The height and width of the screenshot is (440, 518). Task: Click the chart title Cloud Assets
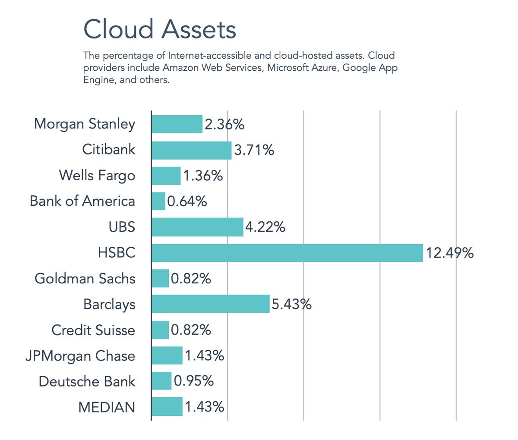pyautogui.click(x=160, y=29)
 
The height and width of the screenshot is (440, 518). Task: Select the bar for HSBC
pyautogui.click(x=287, y=253)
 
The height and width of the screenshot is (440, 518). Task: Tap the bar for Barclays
pyautogui.click(x=210, y=304)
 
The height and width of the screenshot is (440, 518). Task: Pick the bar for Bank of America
pyautogui.click(x=158, y=201)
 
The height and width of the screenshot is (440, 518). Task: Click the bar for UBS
pyautogui.click(x=197, y=227)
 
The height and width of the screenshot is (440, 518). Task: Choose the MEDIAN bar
pyautogui.click(x=167, y=407)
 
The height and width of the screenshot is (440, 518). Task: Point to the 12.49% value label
pyautogui.click(x=450, y=253)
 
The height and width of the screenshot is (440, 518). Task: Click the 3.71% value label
pyautogui.click(x=254, y=150)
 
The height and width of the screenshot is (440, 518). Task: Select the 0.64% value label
pyautogui.click(x=187, y=201)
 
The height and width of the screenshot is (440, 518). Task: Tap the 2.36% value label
pyautogui.click(x=224, y=125)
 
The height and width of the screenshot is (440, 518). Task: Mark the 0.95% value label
pyautogui.click(x=194, y=381)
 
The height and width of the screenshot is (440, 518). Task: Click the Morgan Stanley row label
pyautogui.click(x=85, y=124)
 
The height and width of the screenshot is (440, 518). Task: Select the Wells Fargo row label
pyautogui.click(x=97, y=176)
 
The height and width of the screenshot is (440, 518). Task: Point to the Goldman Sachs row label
pyautogui.click(x=85, y=279)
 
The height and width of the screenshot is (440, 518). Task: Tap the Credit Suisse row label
pyautogui.click(x=93, y=330)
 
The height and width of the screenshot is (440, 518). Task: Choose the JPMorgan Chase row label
pyautogui.click(x=80, y=356)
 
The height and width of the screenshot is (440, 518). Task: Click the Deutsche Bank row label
pyautogui.click(x=87, y=381)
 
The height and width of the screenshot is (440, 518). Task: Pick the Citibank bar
pyautogui.click(x=191, y=150)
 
